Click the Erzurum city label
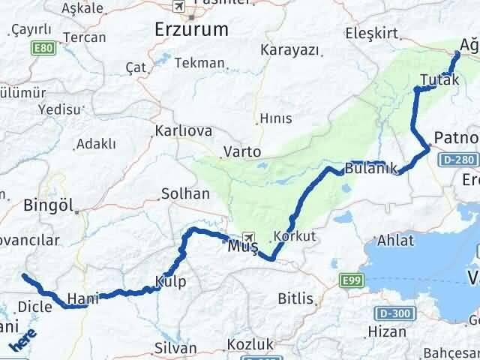point(190,30)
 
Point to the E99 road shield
point(349,280)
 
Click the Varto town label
point(241,151)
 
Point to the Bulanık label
point(366,168)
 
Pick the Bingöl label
point(46,204)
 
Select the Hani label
point(79,298)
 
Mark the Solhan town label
point(185,193)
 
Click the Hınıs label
point(275,118)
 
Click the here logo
point(22,341)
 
